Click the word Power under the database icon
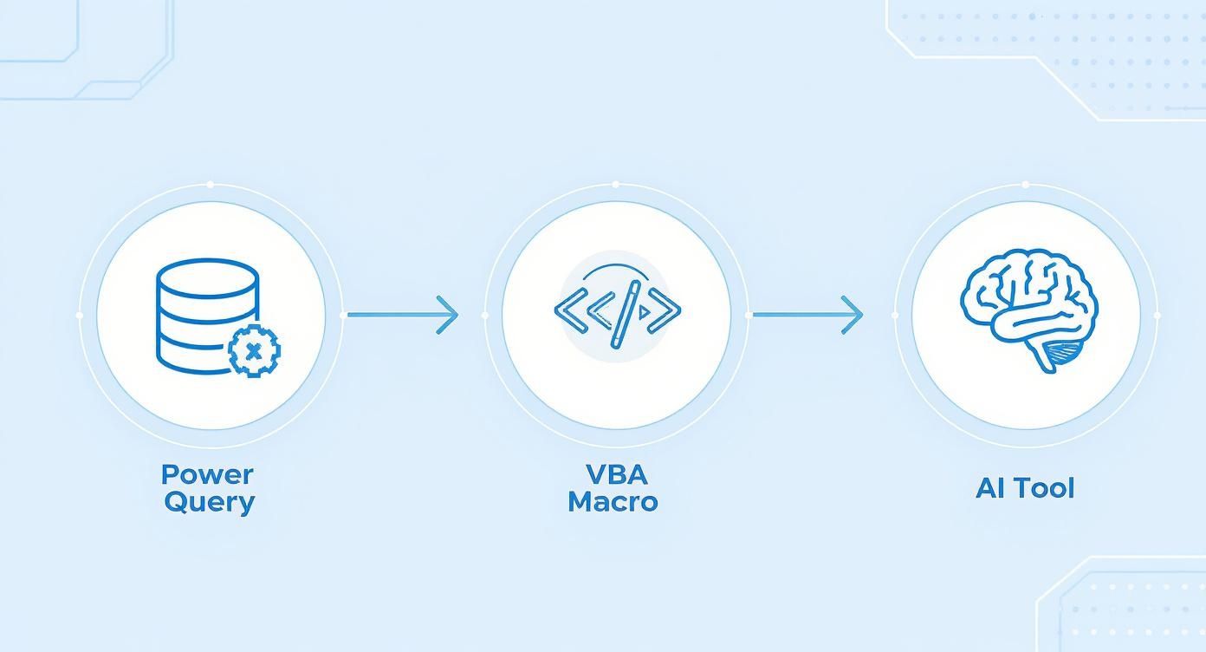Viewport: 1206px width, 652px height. pyautogui.click(x=207, y=474)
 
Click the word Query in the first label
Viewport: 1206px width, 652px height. pyautogui.click(x=209, y=502)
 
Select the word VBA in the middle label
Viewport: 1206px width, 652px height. pyautogui.click(x=616, y=474)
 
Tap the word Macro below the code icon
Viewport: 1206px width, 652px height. pyautogui.click(x=613, y=502)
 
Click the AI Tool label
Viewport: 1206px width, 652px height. pyautogui.click(x=1025, y=488)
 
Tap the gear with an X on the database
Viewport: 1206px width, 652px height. pyautogui.click(x=253, y=351)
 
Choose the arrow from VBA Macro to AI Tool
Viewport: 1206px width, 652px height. pyautogui.click(x=807, y=315)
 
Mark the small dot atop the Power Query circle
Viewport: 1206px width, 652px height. pyautogui.click(x=210, y=185)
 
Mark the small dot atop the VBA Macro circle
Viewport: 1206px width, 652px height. pyautogui.click(x=615, y=185)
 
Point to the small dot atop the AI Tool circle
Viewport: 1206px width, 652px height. pyautogui.click(x=1025, y=185)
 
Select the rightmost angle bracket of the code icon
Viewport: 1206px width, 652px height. pyautogui.click(x=668, y=310)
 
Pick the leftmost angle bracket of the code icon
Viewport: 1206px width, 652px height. pyautogui.click(x=565, y=310)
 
